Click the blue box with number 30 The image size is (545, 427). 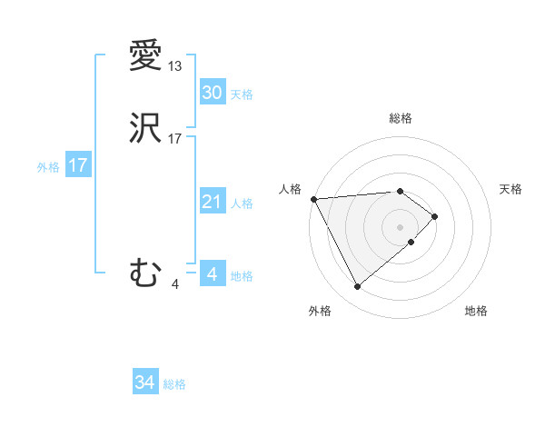212,93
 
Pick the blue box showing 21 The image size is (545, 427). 212,202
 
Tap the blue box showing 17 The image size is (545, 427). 77,165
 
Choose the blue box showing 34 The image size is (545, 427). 144,382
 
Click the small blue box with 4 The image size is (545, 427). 212,274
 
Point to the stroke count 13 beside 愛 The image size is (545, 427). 175,67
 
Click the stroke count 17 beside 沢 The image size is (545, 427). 175,140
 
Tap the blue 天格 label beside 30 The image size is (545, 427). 242,94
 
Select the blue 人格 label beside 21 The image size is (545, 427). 242,204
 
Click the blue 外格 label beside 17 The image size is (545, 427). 48,167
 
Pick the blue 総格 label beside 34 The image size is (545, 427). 174,384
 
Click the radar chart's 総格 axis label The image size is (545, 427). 400,118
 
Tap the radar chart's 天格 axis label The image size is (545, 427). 510,189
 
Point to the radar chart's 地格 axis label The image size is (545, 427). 476,311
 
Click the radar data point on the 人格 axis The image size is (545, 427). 313,198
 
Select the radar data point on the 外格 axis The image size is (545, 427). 357,287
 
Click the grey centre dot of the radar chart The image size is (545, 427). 400,225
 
